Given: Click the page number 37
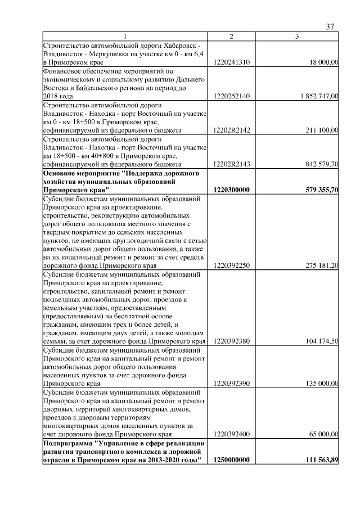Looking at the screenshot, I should pyautogui.click(x=330, y=27).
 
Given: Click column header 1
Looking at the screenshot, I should pyautogui.click(x=125, y=37).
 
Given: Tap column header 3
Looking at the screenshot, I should pyautogui.click(x=297, y=37).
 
